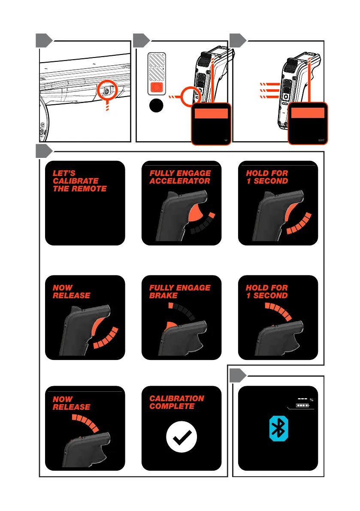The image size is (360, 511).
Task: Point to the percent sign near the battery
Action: pos(312,400)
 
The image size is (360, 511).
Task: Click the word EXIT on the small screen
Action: pos(322,140)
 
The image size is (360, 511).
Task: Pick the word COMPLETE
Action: pos(169,406)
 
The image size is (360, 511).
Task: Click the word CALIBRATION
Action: pos(177,399)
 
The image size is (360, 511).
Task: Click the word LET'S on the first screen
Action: pos(63,173)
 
